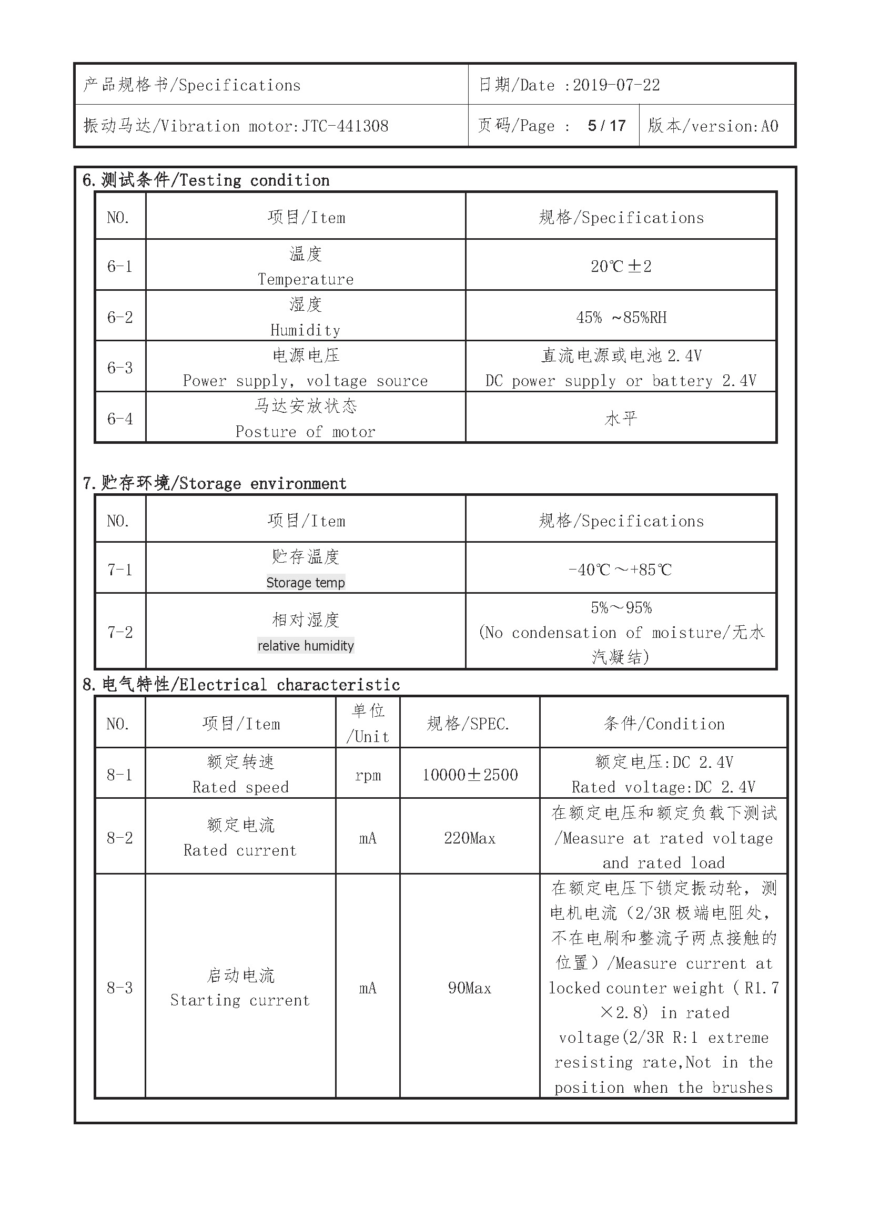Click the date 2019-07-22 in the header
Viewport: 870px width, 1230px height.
[616, 85]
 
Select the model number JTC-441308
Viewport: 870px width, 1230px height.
[345, 126]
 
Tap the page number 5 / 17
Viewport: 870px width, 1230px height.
[606, 126]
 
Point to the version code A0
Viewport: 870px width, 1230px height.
[770, 126]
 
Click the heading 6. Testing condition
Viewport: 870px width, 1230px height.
[206, 180]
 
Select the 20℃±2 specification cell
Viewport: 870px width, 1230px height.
[621, 266]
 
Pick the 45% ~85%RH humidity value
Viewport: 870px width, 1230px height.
[621, 317]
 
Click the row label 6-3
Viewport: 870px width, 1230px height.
[120, 368]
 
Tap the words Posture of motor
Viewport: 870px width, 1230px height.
[306, 432]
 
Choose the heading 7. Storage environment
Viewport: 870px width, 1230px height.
[215, 483]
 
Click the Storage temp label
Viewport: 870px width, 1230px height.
[306, 582]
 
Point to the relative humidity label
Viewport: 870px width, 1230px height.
[306, 646]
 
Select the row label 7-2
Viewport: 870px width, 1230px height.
[120, 632]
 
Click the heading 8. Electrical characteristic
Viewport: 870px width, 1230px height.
[241, 685]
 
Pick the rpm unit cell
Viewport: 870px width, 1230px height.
[368, 775]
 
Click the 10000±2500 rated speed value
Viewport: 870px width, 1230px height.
[470, 775]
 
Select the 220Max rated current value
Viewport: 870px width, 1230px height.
[470, 838]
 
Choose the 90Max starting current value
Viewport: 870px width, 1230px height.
[470, 988]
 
